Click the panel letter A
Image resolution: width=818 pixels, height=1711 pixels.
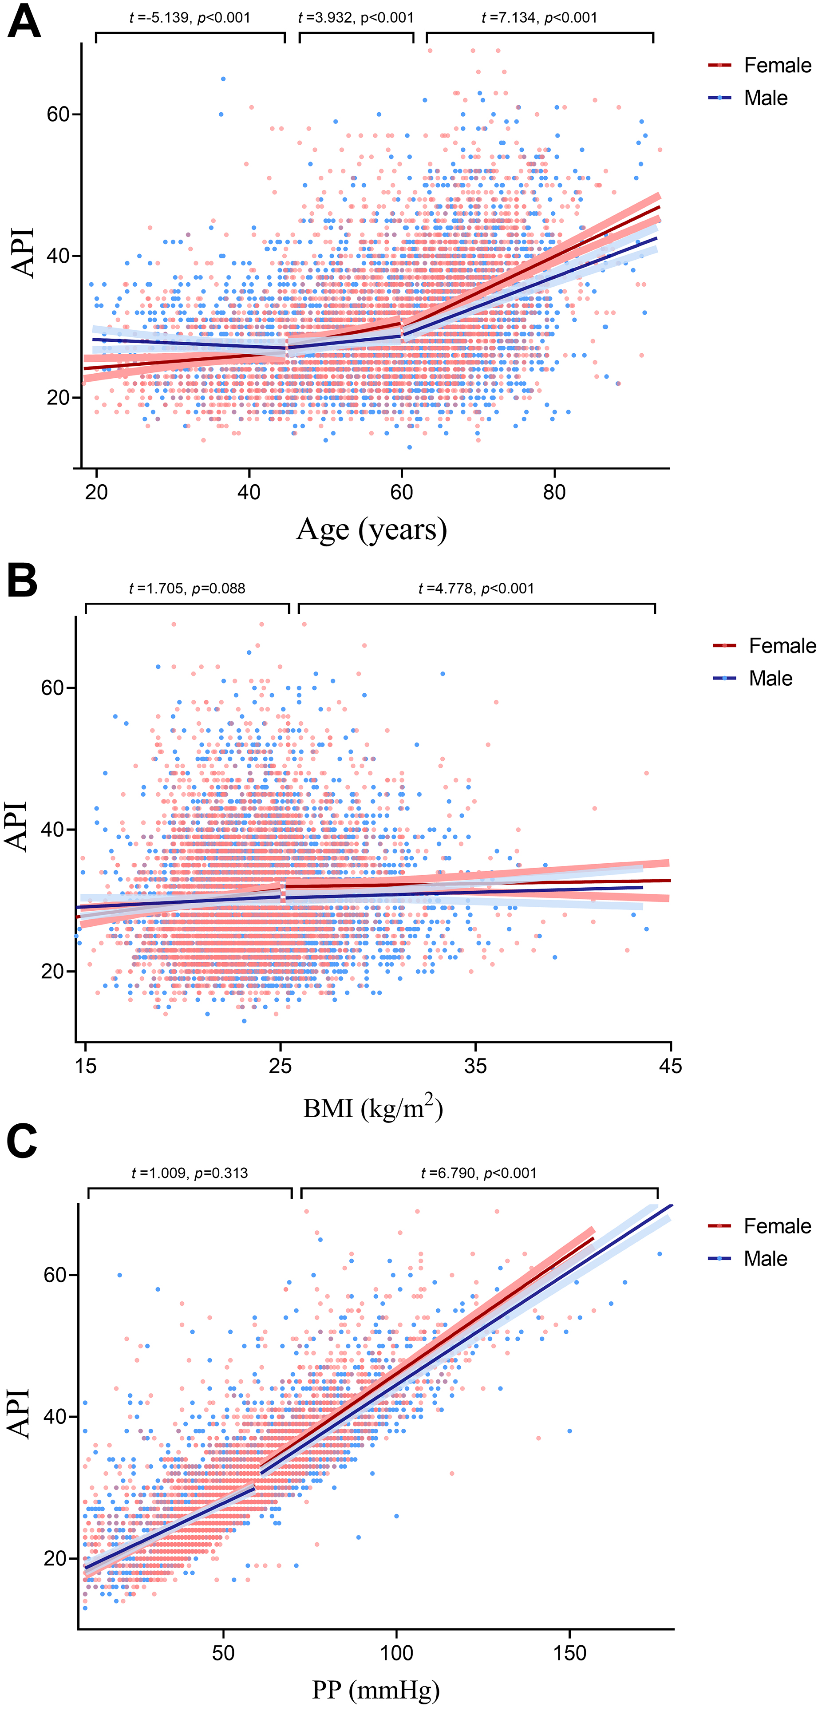tap(24, 21)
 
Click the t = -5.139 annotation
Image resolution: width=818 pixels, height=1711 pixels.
tap(190, 18)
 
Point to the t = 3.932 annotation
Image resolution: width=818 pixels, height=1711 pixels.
tap(356, 18)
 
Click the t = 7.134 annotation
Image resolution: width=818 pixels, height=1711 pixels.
tap(539, 18)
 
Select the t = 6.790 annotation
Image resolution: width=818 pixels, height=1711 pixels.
tap(479, 1173)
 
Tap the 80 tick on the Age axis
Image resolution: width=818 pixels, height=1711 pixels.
tap(554, 492)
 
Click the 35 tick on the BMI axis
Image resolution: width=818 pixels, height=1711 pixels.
tap(475, 1066)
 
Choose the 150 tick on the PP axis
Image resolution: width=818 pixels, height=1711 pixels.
tap(570, 1652)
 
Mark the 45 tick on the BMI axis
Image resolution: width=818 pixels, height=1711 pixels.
tap(670, 1066)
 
